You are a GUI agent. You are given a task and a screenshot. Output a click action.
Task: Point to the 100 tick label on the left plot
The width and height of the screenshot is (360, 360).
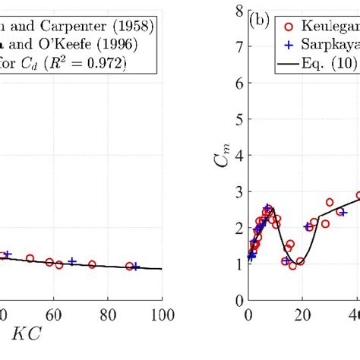161,314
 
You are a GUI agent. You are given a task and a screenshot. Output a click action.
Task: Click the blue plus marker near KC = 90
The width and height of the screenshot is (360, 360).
136,267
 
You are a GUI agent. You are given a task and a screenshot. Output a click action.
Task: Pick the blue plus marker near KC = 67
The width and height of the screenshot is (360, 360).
72,261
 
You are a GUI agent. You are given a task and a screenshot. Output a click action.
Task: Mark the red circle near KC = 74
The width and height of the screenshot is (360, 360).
92,264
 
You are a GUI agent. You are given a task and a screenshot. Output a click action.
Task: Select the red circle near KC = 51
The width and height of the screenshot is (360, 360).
30,258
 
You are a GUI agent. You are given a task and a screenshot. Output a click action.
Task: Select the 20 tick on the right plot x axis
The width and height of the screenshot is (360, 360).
304,314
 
